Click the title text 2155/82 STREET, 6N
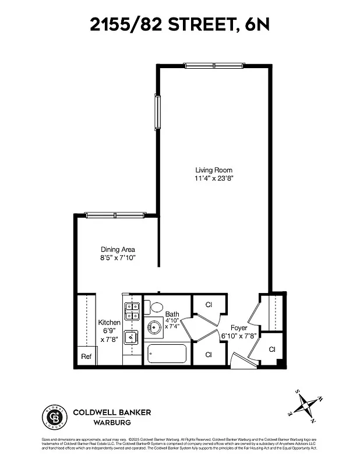pyautogui.click(x=179, y=24)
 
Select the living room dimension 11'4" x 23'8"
pyautogui.click(x=214, y=178)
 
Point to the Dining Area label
pyautogui.click(x=118, y=249)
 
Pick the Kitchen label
pyautogui.click(x=109, y=322)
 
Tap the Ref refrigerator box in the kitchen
pyautogui.click(x=86, y=356)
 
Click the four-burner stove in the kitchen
pyautogui.click(x=132, y=311)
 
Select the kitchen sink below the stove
pyautogui.click(x=132, y=336)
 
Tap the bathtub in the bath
pyautogui.click(x=167, y=353)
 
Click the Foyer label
pyautogui.click(x=239, y=327)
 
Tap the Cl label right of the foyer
pyautogui.click(x=272, y=349)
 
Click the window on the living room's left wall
pyautogui.click(x=157, y=112)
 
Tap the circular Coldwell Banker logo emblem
pyautogui.click(x=54, y=416)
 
